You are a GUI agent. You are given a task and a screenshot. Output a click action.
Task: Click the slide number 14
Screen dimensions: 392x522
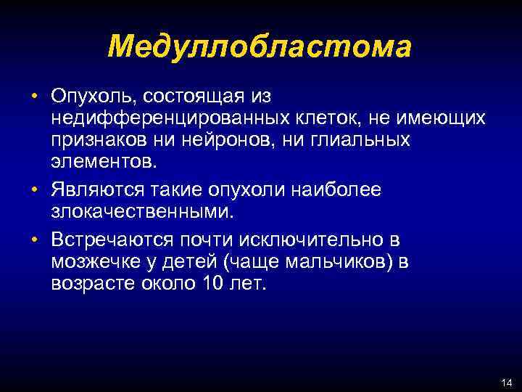505,383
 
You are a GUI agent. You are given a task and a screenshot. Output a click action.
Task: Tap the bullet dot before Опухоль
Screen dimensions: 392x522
34,97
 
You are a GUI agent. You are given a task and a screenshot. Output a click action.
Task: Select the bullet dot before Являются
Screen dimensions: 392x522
34,190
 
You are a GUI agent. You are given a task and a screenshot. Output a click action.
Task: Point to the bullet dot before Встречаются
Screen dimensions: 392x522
34,240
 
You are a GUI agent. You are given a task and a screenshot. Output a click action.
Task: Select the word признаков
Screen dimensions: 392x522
101,138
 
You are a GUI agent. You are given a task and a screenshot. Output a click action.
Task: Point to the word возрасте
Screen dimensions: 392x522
96,282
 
